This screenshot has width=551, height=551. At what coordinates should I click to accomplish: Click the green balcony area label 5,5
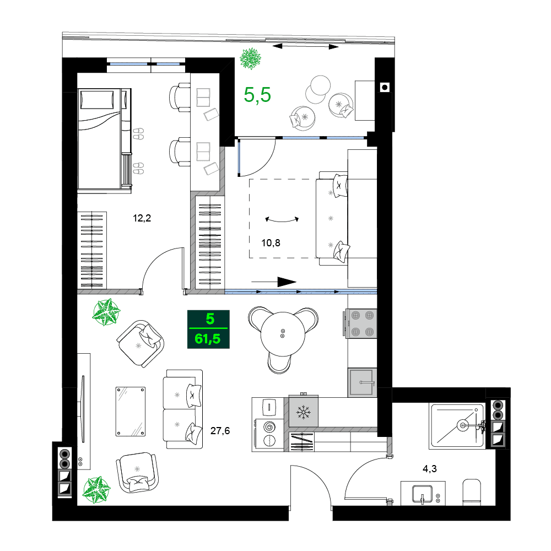[258, 95]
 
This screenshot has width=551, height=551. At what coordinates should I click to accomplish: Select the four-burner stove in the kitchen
[362, 323]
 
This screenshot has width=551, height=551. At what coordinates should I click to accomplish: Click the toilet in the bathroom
[473, 491]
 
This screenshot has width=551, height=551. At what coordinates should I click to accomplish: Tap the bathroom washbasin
[423, 493]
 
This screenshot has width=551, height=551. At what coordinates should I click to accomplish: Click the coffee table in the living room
[131, 411]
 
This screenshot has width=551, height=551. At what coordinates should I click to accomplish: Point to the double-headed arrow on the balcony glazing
[305, 47]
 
